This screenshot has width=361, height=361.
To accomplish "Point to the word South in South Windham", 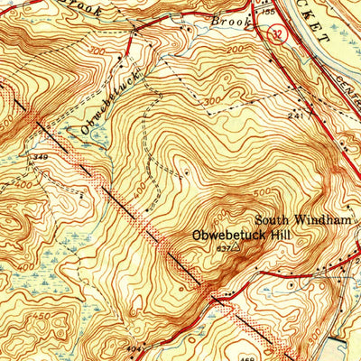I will click(x=272, y=219).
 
